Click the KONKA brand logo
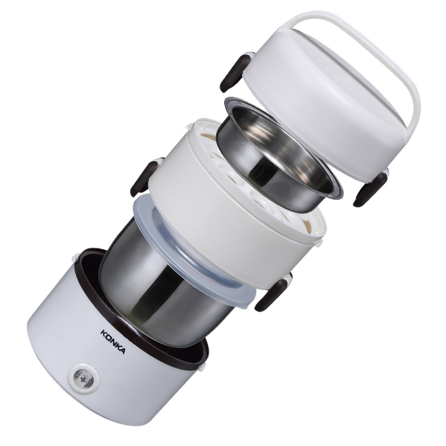pos(113,341)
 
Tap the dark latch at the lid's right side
pos(370,189)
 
